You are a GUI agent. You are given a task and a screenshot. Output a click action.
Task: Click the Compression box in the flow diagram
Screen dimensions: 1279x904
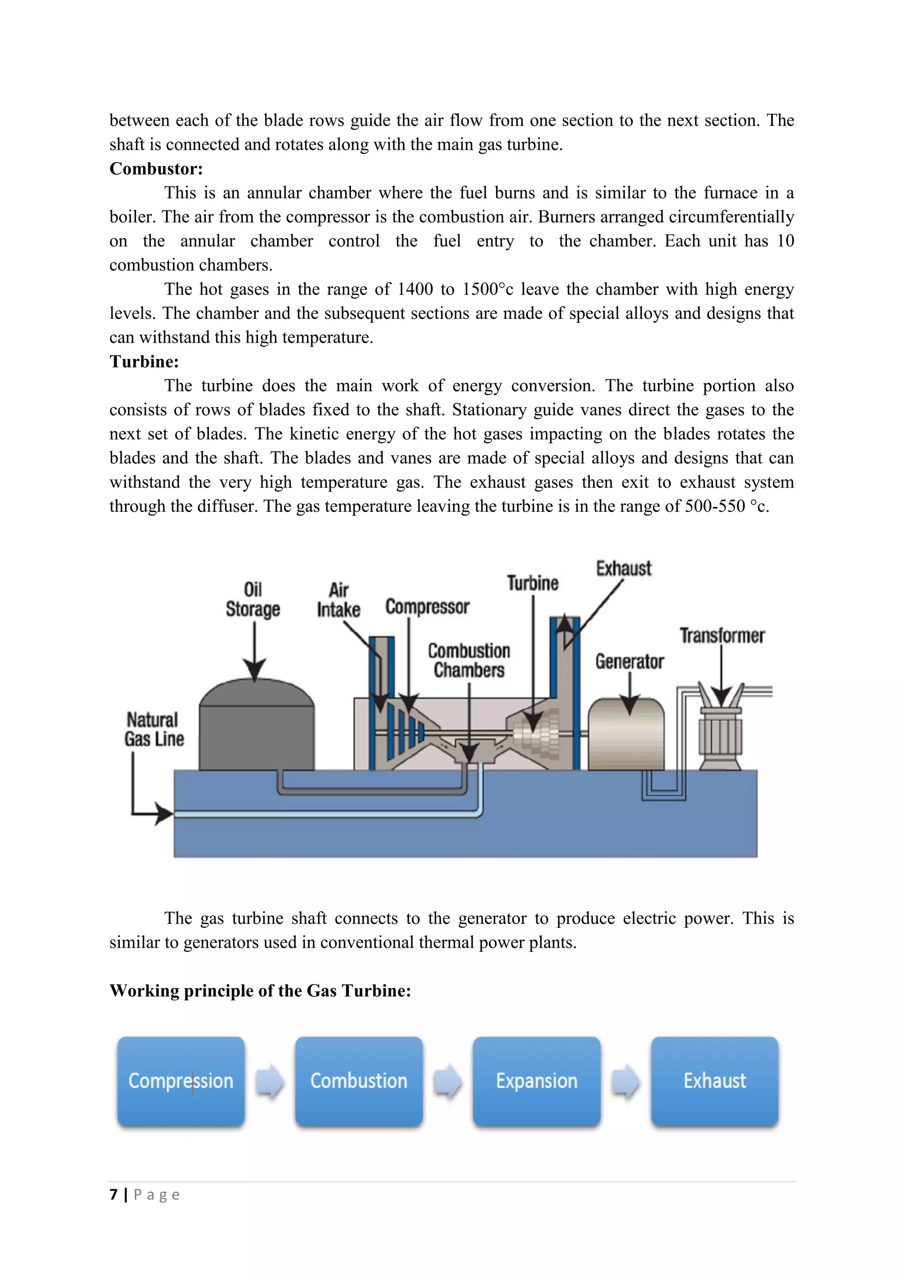(x=181, y=1081)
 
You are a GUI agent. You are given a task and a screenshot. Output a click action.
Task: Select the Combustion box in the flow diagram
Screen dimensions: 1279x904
(x=358, y=1081)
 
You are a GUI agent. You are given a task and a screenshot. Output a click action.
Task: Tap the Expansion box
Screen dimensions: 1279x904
(x=537, y=1081)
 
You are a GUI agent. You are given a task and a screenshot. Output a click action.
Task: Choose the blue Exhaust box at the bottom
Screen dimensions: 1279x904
(x=714, y=1081)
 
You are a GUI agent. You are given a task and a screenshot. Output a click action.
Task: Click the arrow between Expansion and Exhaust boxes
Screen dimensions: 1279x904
(x=625, y=1081)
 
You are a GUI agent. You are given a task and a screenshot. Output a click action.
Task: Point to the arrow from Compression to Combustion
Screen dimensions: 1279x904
(x=270, y=1081)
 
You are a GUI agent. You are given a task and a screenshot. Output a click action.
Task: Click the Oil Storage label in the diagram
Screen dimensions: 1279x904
(x=253, y=599)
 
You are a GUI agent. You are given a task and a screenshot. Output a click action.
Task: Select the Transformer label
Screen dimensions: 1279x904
(x=722, y=636)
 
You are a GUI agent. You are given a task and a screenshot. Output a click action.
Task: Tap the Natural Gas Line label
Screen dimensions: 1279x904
(x=154, y=729)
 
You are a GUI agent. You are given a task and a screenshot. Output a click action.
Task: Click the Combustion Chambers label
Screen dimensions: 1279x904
(x=469, y=660)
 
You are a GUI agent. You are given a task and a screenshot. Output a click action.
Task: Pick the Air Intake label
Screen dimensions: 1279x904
(x=339, y=600)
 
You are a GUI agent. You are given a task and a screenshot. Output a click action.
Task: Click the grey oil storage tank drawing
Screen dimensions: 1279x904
(x=256, y=730)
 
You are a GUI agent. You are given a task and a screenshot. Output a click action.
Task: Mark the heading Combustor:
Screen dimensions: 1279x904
(x=156, y=169)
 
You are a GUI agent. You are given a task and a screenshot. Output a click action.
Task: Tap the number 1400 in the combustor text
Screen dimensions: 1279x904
(x=415, y=290)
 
